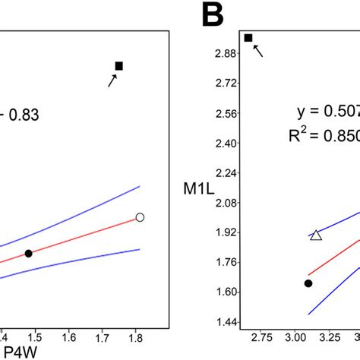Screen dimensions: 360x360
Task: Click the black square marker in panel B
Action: (x=248, y=37)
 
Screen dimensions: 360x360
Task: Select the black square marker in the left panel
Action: (x=118, y=66)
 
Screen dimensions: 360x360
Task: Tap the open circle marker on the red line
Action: (x=140, y=217)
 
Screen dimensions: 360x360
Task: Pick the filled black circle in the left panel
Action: (x=28, y=253)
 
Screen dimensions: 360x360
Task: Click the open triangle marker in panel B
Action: (x=316, y=235)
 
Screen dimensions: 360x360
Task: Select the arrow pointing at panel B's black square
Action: (x=259, y=51)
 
